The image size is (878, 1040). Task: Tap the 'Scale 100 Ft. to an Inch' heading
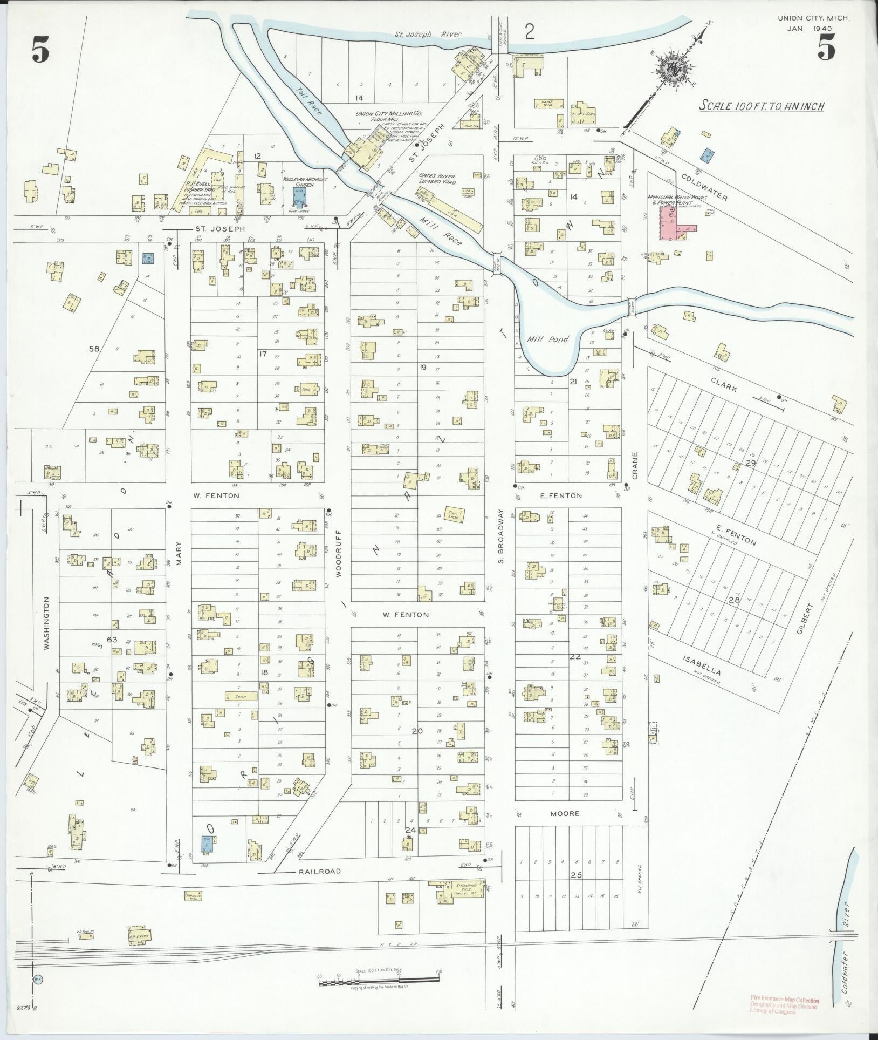click(x=761, y=105)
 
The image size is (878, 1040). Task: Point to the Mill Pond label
click(x=544, y=340)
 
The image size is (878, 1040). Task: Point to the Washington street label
click(x=47, y=623)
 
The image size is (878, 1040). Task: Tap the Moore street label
click(x=565, y=828)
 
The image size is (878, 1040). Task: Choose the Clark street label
click(x=724, y=386)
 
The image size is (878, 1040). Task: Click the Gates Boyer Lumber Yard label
click(x=437, y=179)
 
